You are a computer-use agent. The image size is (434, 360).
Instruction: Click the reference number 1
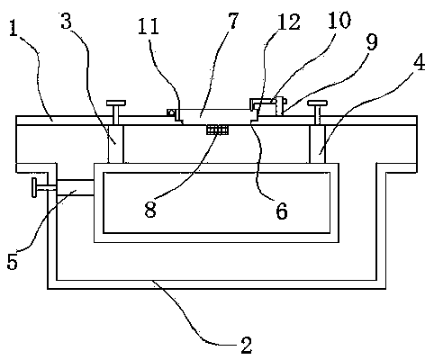[x=14, y=29]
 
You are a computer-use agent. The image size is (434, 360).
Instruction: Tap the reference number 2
[x=246, y=345]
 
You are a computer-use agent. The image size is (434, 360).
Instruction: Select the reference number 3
[x=67, y=21]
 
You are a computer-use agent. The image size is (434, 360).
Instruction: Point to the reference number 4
[x=419, y=63]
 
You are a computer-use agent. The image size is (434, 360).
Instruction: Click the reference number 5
[x=13, y=262]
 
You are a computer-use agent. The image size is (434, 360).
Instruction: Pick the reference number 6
[x=282, y=211]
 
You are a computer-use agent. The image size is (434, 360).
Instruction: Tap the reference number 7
[x=234, y=21]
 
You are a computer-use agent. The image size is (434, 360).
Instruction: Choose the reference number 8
[x=150, y=209]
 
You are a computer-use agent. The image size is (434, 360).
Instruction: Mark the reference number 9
[x=372, y=42]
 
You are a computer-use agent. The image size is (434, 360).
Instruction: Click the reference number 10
[x=339, y=20]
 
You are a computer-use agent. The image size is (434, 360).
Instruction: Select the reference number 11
[x=149, y=26]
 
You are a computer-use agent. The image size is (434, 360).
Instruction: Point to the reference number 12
[x=289, y=22]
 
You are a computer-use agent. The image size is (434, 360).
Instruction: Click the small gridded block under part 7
[x=217, y=130]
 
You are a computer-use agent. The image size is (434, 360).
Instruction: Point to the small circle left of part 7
[x=171, y=112]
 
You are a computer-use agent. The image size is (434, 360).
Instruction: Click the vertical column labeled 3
[x=115, y=144]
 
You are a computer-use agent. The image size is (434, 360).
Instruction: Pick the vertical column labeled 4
[x=317, y=144]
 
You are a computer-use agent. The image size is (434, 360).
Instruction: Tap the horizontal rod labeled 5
[x=75, y=188]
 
